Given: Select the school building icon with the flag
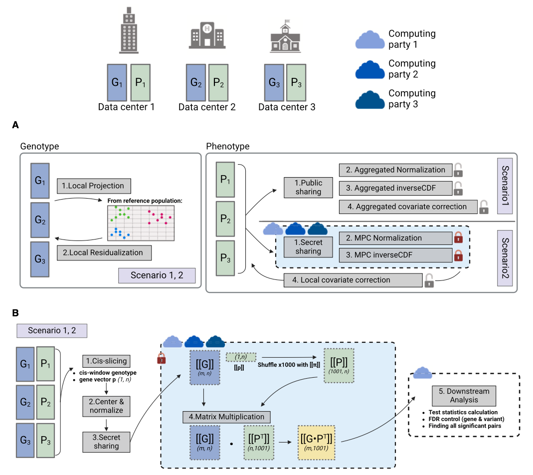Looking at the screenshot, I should point(285,37).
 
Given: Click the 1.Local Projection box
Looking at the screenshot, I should point(94,186).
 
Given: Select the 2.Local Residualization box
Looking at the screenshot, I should point(104,252).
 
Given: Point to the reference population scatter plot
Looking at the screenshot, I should point(143,220).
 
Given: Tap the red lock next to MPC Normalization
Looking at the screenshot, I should point(457,238).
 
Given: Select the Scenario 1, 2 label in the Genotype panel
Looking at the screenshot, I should point(156,275).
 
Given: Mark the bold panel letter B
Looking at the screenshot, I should point(16,313).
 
